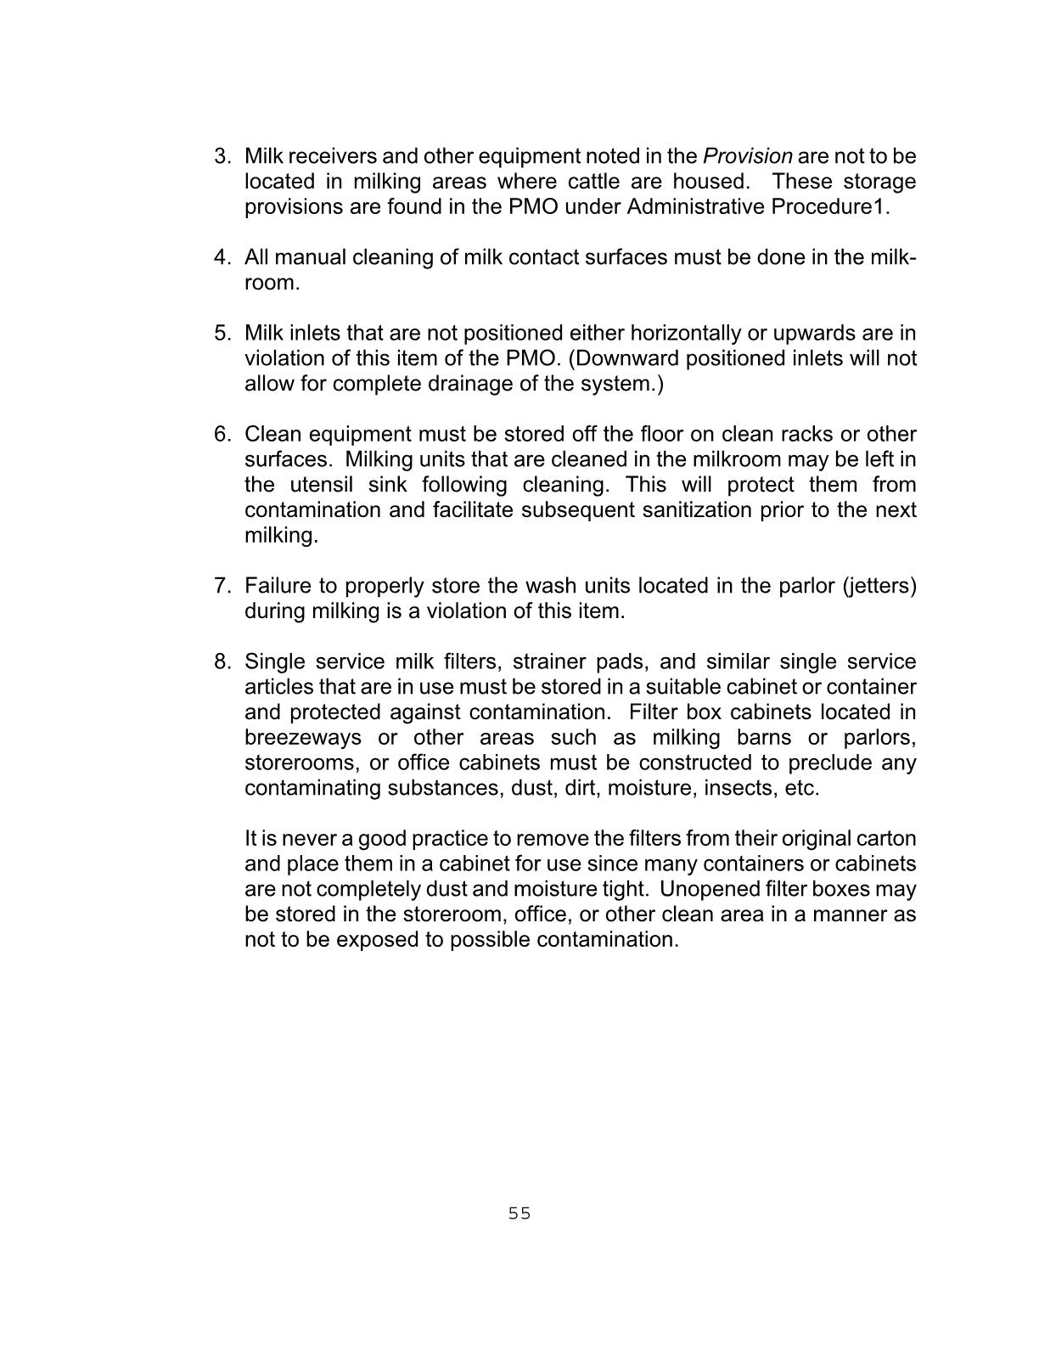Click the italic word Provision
[747, 156]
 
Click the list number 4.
[222, 257]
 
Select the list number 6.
[222, 434]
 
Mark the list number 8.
[222, 661]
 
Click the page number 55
[519, 1213]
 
